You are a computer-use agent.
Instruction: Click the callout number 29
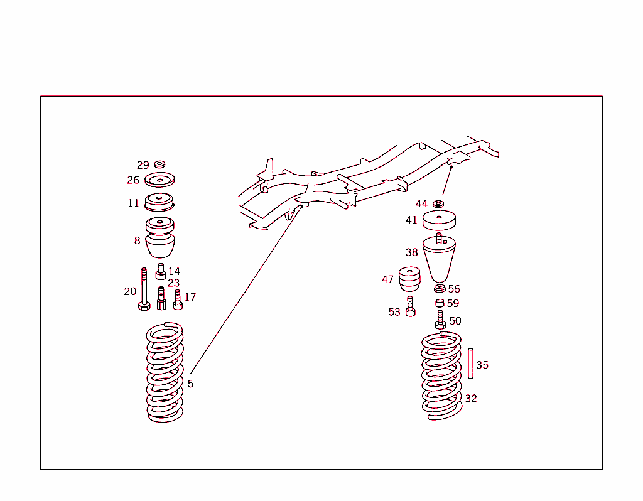pos(143,165)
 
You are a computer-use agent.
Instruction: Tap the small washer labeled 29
pos(159,164)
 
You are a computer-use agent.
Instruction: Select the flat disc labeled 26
pos(159,180)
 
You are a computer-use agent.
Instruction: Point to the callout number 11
pos(133,203)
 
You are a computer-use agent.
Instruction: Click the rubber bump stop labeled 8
pos(160,239)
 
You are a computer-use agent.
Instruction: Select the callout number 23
pos(173,283)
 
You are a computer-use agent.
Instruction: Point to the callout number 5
pos(190,384)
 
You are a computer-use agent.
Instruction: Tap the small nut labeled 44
pos(438,203)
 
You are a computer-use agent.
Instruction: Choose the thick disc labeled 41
pos(439,220)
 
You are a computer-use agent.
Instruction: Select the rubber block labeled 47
pos(409,279)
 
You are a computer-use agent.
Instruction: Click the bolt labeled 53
pos(411,307)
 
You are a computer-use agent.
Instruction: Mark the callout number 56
pos(454,289)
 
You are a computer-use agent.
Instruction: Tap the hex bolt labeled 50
pos(440,321)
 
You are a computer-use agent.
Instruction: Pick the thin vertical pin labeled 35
pos(470,363)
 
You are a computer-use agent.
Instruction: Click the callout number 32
pos(471,399)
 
